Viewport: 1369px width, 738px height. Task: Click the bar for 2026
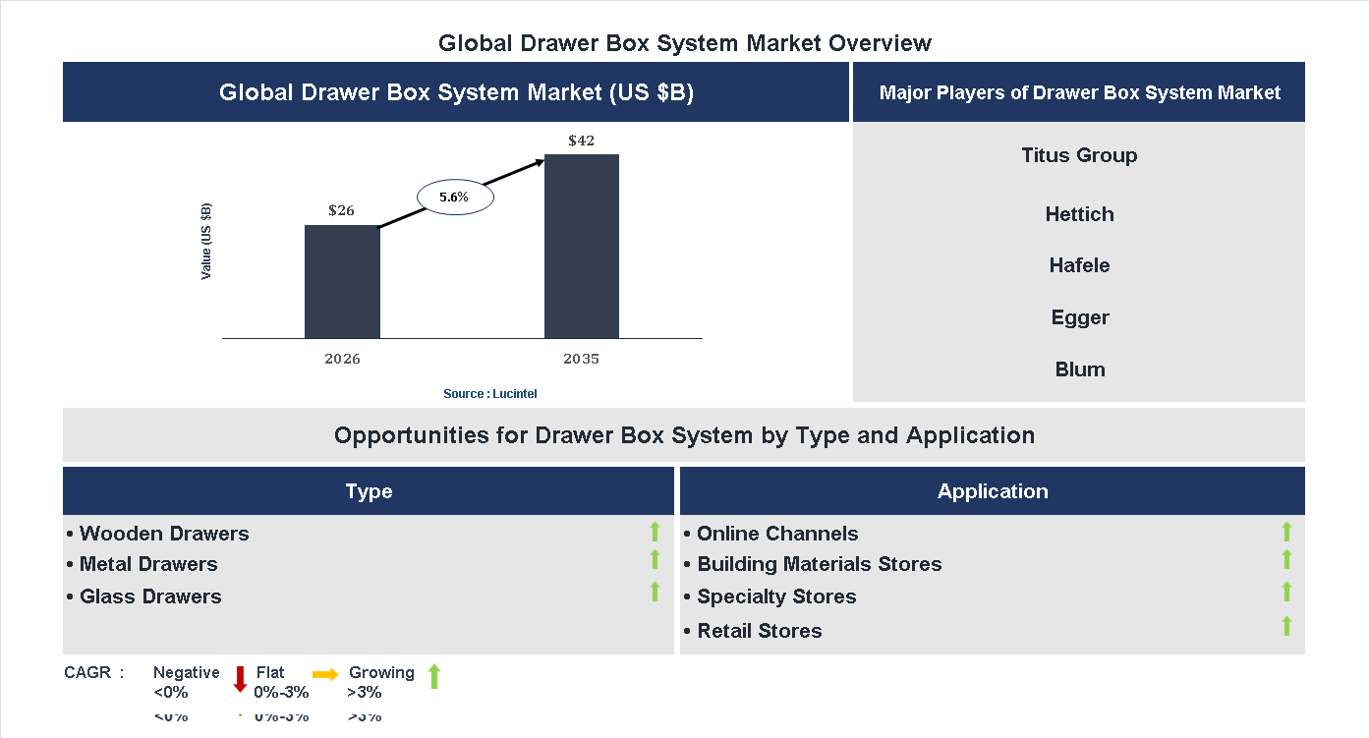click(x=342, y=282)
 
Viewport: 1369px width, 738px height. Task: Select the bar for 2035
click(x=582, y=246)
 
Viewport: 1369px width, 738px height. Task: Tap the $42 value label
click(x=581, y=141)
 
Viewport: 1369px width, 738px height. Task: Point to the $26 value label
click(x=341, y=210)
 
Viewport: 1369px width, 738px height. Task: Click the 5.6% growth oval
click(x=454, y=198)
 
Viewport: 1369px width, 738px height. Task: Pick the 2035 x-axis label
click(x=581, y=359)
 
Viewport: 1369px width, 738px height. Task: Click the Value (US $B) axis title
click(x=206, y=241)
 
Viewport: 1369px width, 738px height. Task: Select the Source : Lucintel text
click(x=489, y=394)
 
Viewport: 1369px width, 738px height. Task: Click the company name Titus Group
click(x=1079, y=155)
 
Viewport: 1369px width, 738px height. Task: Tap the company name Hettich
click(x=1079, y=214)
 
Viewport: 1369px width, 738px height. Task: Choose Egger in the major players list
click(x=1079, y=317)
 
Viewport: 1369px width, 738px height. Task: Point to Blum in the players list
click(x=1079, y=369)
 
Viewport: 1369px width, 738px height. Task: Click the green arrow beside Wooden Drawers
click(x=655, y=533)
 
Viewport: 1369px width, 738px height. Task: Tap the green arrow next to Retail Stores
click(x=1286, y=626)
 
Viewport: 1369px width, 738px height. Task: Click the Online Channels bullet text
click(x=776, y=534)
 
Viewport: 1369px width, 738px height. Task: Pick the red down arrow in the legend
click(x=240, y=678)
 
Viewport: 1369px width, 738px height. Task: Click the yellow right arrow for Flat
click(x=325, y=674)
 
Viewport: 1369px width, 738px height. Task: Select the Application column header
click(x=992, y=491)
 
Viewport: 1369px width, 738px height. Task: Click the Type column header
click(x=369, y=491)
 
